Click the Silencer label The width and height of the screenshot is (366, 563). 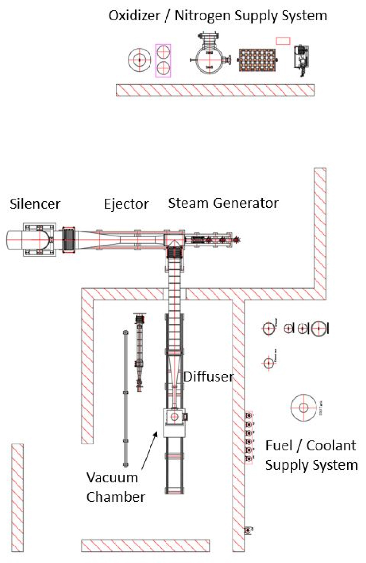35,204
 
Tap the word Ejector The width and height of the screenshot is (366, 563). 126,204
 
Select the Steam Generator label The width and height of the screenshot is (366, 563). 223,203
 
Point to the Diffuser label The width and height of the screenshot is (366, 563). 209,376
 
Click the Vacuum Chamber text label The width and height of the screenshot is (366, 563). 112,487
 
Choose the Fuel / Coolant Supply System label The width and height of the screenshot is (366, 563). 311,455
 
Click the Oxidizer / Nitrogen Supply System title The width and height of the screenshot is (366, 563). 217,16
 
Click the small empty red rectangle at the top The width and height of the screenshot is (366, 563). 283,41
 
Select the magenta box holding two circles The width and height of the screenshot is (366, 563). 163,60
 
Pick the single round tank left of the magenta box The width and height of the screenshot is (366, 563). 139,60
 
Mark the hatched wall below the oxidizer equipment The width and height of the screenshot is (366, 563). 215,90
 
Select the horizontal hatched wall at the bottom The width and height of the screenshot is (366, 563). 145,546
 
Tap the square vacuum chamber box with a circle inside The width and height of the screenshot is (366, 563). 174,417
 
